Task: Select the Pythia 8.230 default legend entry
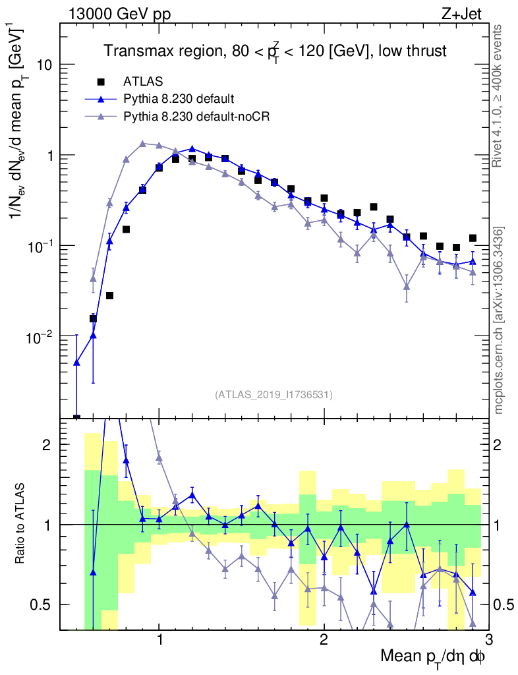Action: [179, 100]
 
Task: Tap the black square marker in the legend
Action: [101, 82]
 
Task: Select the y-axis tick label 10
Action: [44, 65]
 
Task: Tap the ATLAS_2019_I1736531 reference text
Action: [273, 395]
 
